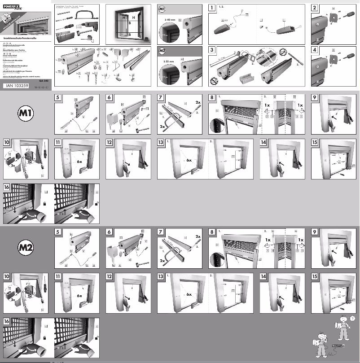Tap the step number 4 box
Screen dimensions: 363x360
tap(315, 50)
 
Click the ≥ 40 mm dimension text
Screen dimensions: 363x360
tap(170, 20)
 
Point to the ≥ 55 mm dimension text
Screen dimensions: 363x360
tap(170, 60)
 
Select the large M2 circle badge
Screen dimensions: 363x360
tap(27, 246)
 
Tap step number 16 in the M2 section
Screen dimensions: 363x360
tap(7, 321)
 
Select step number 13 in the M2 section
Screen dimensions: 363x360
tap(161, 276)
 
